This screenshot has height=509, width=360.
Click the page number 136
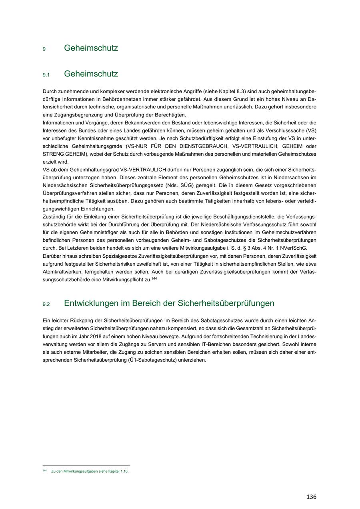(311, 497)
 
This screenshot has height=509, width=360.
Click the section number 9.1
(46, 75)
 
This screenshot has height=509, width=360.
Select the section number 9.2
(46, 304)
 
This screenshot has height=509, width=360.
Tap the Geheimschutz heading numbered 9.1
(91, 74)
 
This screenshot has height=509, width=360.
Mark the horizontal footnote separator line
(86, 465)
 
